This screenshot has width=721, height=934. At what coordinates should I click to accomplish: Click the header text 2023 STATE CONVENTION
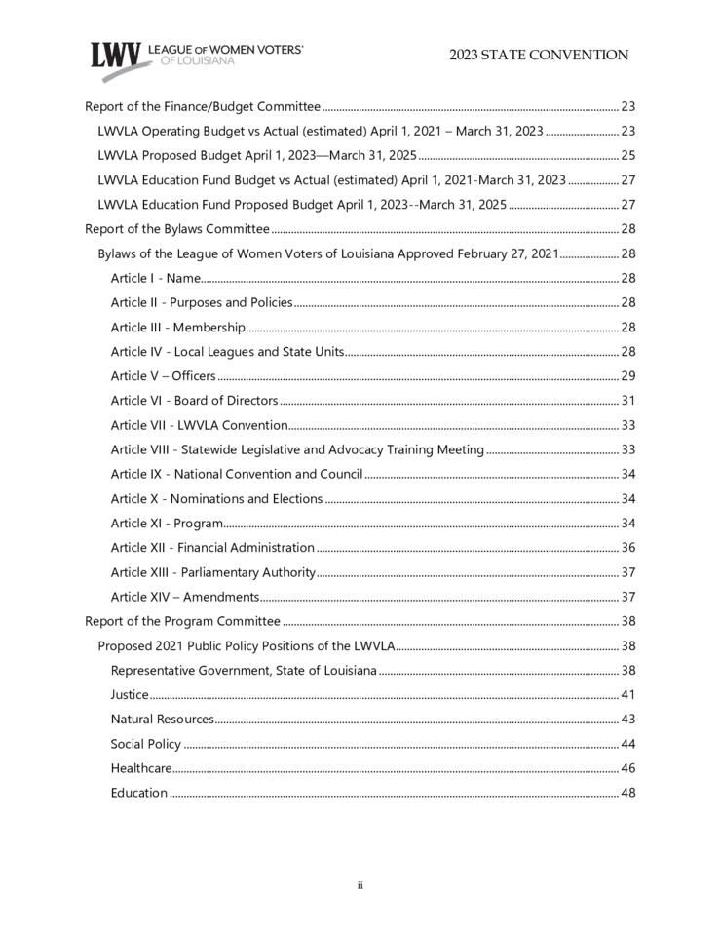point(539,56)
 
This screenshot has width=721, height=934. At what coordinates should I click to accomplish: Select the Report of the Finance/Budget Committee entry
point(203,106)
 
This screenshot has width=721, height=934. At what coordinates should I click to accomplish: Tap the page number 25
point(628,155)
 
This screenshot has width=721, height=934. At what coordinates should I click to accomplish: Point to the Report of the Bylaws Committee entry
point(177,229)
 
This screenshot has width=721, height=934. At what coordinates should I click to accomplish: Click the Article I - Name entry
point(156,278)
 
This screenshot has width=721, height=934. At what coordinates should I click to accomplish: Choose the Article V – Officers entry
point(163,376)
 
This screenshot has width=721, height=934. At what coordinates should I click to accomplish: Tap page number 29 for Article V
point(628,376)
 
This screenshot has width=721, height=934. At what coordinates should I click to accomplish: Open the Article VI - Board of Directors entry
point(194,401)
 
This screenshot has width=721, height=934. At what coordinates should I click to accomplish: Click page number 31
point(628,401)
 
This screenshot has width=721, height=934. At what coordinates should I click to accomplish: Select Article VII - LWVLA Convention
point(199,425)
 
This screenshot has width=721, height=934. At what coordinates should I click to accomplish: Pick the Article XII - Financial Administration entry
point(212,548)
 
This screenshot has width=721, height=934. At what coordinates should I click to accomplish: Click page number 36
point(628,548)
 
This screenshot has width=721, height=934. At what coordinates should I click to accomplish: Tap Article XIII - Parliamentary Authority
point(212,572)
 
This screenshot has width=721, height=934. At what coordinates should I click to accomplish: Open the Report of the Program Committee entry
point(182,621)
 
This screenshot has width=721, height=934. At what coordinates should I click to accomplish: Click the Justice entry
point(130,695)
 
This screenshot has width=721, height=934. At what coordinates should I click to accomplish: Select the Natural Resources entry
point(162,720)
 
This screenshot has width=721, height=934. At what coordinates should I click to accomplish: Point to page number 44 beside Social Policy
point(628,744)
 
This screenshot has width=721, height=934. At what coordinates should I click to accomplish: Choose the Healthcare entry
point(141,768)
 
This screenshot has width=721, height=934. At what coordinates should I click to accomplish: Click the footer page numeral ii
point(360,885)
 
